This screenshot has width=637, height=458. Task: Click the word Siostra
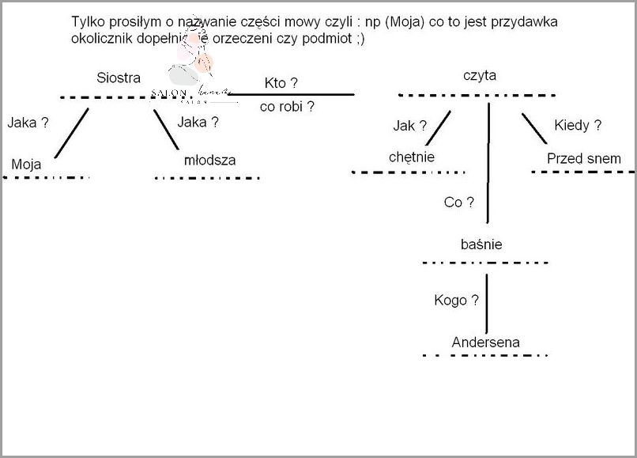tap(119, 78)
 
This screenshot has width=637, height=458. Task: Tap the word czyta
tap(480, 75)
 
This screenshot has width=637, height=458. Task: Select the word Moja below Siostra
tap(26, 165)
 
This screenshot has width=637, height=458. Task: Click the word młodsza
tap(209, 160)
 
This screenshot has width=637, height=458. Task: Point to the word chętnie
tap(412, 157)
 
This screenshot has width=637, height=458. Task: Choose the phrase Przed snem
tap(584, 158)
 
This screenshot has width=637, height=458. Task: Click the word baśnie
tap(481, 244)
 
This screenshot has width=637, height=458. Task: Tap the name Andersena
tap(486, 343)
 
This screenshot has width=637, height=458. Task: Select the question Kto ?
tap(281, 83)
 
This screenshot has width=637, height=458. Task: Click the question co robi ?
tap(287, 107)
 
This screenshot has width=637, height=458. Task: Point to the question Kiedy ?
tap(578, 125)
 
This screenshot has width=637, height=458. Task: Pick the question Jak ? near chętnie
tap(409, 125)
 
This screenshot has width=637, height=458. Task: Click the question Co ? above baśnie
tap(458, 203)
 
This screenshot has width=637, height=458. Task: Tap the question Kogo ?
tap(456, 300)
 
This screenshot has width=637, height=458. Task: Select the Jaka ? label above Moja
tap(28, 123)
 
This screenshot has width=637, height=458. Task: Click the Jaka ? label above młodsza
tap(198, 122)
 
